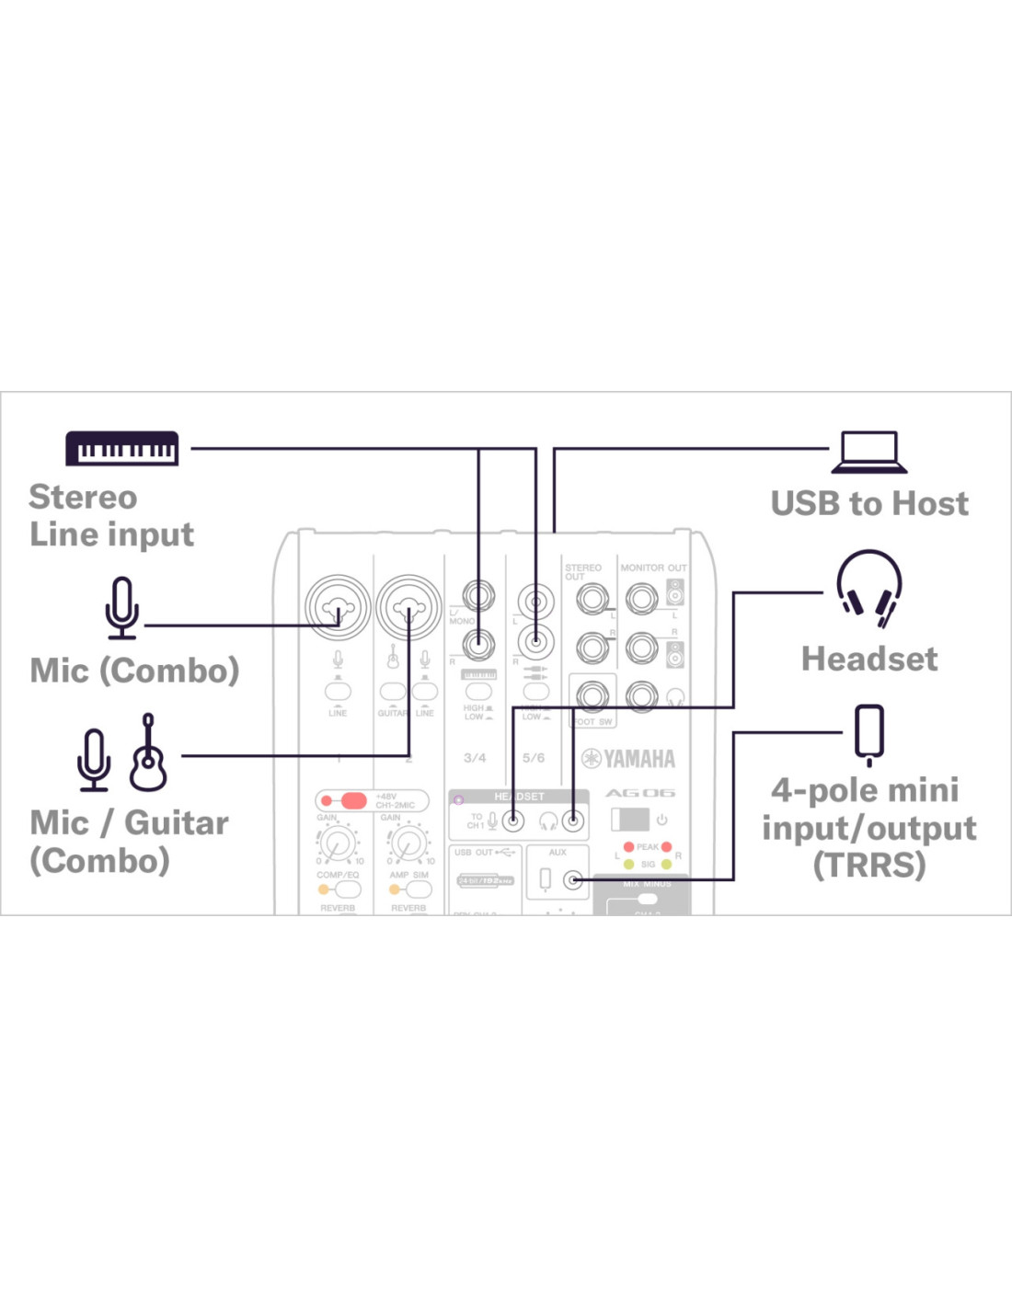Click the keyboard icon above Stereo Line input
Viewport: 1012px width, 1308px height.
pyautogui.click(x=121, y=448)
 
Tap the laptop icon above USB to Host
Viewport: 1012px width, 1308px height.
pyautogui.click(x=869, y=452)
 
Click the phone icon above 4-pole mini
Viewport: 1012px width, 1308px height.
pyautogui.click(x=868, y=734)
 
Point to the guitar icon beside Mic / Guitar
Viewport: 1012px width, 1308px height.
pyautogui.click(x=147, y=753)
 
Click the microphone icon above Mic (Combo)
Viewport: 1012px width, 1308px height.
pyautogui.click(x=121, y=608)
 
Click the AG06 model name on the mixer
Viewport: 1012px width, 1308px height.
pyautogui.click(x=640, y=793)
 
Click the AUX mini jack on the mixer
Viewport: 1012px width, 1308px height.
pyautogui.click(x=572, y=880)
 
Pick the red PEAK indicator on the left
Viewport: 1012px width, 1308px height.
pyautogui.click(x=629, y=846)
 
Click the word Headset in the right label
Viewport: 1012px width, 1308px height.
pyautogui.click(x=869, y=659)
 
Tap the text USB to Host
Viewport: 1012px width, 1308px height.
pyautogui.click(x=869, y=503)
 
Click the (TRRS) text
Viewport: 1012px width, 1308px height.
pyautogui.click(x=869, y=865)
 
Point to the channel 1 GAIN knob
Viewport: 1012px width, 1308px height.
pyautogui.click(x=338, y=842)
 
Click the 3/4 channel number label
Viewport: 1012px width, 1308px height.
pyautogui.click(x=475, y=758)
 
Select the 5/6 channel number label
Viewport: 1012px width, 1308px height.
pyautogui.click(x=534, y=758)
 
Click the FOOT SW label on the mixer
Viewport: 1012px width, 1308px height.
pyautogui.click(x=592, y=722)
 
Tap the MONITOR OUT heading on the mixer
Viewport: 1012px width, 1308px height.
pyautogui.click(x=653, y=568)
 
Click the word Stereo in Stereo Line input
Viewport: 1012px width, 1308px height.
pyautogui.click(x=83, y=497)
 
